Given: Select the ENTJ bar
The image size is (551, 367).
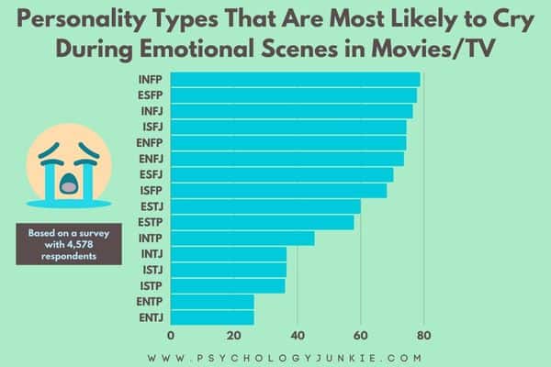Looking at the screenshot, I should [x=212, y=318].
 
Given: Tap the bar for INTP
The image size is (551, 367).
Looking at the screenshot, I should [x=242, y=239].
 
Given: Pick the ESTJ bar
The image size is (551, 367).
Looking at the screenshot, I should [x=265, y=206].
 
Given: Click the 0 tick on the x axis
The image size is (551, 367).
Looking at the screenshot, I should [x=172, y=335].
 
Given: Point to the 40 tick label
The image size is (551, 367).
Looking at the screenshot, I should [x=297, y=335].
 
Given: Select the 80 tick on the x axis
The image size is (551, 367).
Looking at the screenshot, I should [x=422, y=335].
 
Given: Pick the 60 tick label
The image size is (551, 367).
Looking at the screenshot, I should [x=360, y=335].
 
